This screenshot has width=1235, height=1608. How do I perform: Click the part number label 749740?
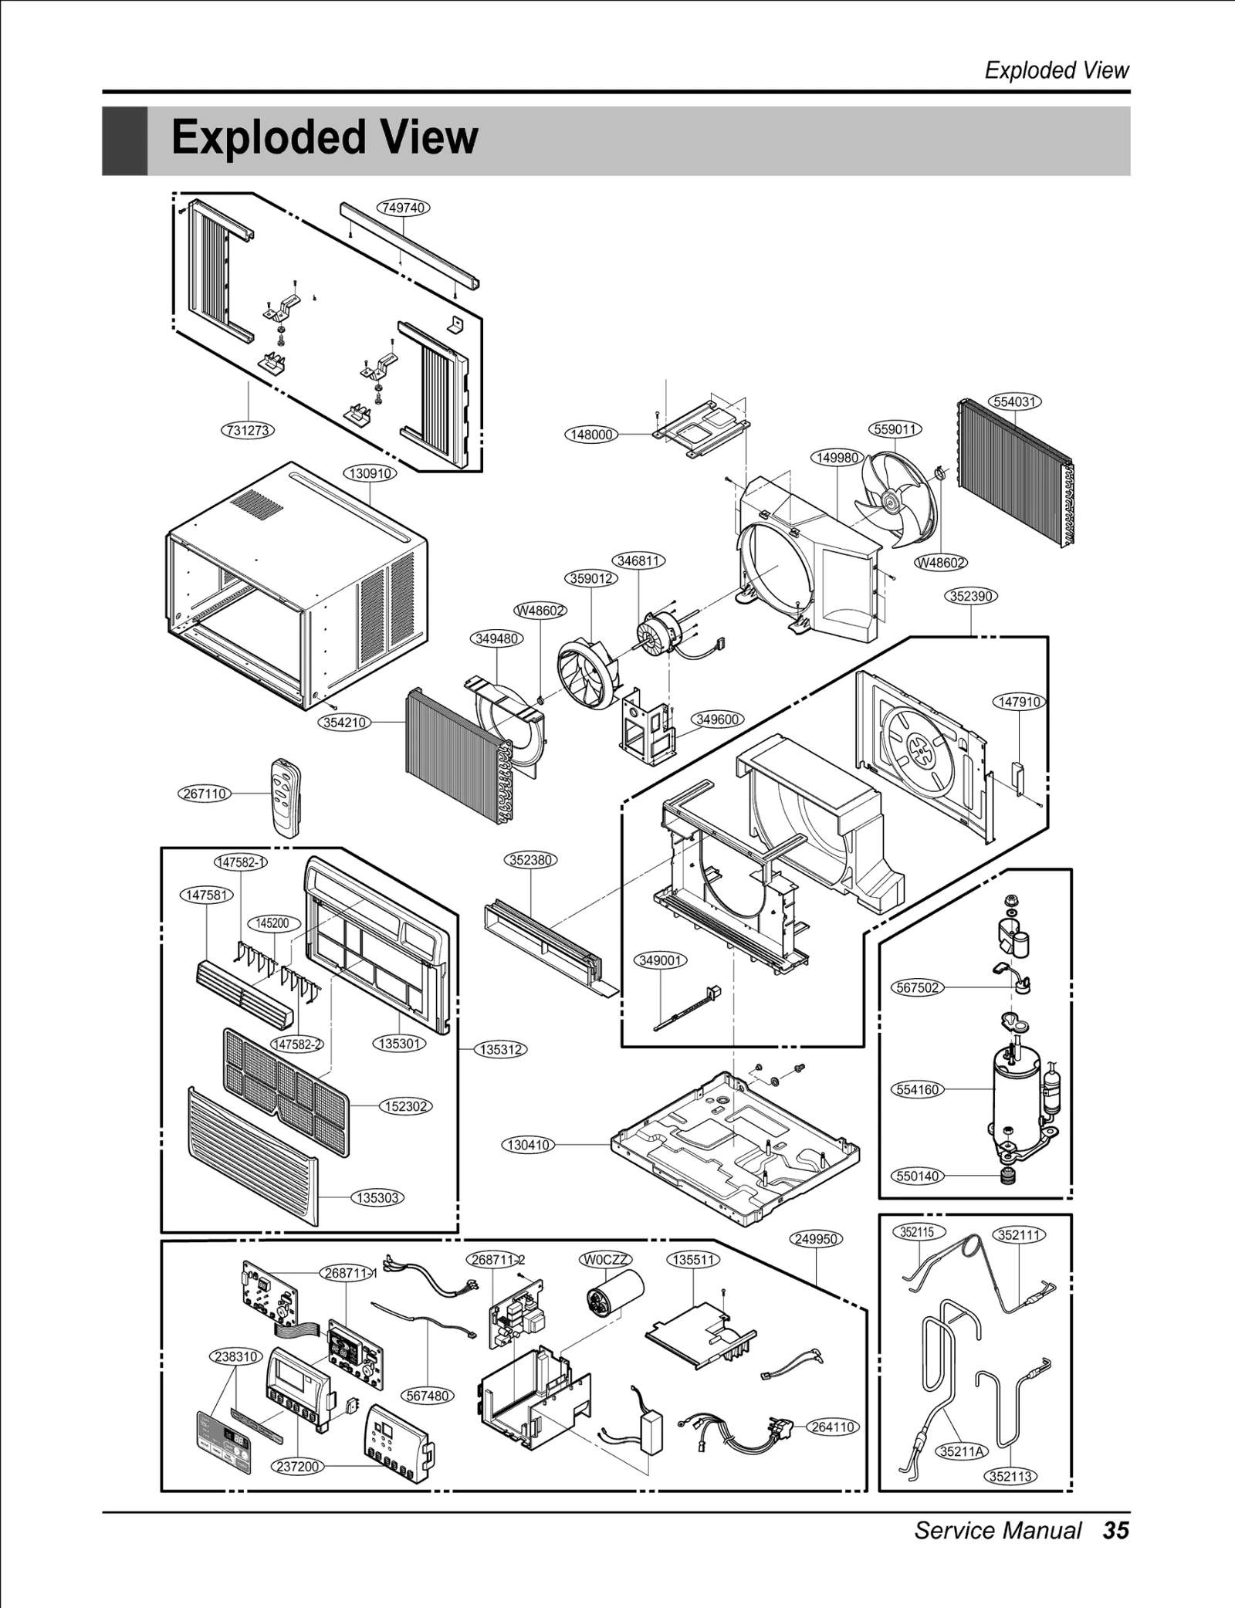pos(403,208)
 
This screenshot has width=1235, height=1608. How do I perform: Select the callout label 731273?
pos(249,430)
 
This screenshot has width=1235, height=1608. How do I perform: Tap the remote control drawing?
pos(285,797)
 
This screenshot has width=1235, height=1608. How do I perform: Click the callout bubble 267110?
pos(205,794)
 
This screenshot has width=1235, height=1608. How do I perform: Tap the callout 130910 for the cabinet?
pos(370,473)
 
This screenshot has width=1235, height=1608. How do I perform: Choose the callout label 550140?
pos(917,1176)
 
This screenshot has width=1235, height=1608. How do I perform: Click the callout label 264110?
pos(833,1427)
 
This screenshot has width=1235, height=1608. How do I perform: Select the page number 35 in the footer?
pos(1116,1531)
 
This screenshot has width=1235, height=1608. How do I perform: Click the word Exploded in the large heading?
pos(263,137)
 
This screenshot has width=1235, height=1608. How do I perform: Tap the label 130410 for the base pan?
pos(529,1145)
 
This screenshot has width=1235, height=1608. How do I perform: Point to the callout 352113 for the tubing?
pos(1010,1477)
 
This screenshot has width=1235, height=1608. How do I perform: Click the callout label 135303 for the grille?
pos(377,1198)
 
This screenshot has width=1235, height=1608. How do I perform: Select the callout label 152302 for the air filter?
pos(406,1106)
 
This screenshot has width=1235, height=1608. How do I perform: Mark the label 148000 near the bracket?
pos(591,435)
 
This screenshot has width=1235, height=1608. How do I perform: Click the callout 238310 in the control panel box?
pos(236,1356)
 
